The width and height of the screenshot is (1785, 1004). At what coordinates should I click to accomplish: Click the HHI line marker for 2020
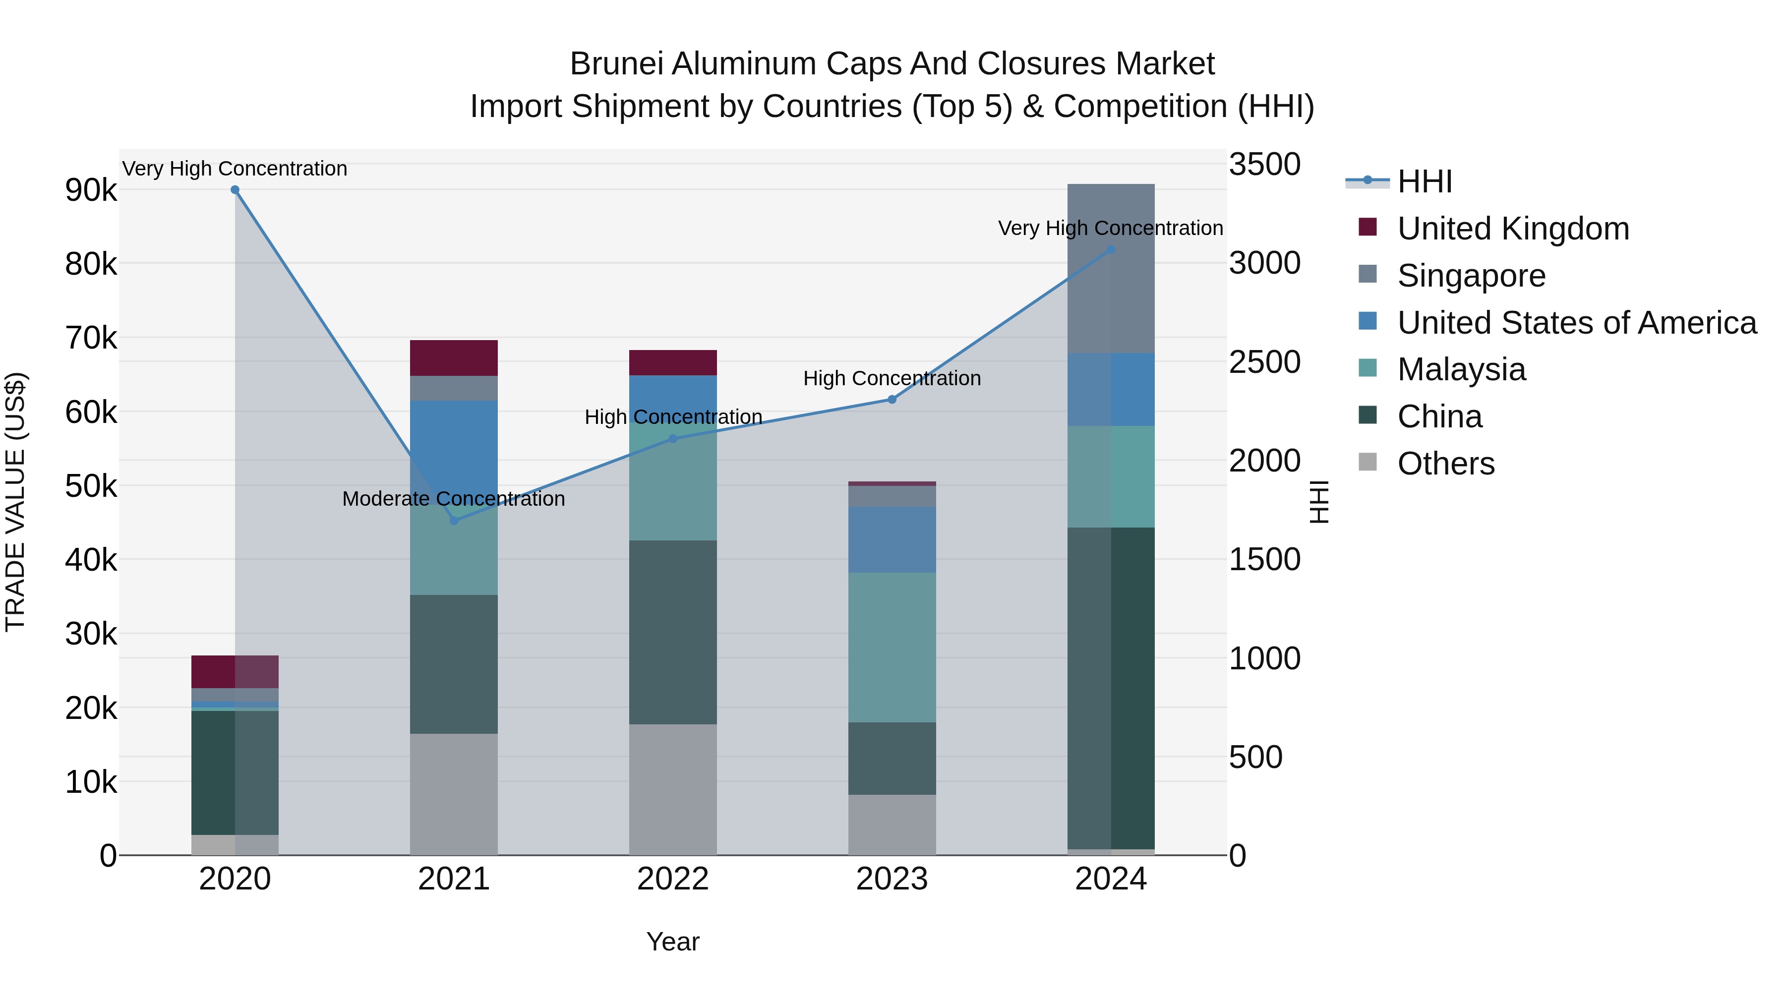click(x=235, y=190)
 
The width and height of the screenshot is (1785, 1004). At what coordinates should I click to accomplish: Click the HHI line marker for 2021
click(x=454, y=521)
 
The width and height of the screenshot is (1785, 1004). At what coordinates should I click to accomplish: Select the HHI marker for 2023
click(x=892, y=399)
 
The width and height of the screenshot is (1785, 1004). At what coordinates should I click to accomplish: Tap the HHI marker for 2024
click(x=1111, y=249)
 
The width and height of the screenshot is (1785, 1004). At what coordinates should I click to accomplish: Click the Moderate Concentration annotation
click(x=453, y=499)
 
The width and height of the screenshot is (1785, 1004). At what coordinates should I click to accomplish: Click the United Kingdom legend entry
click(x=1513, y=229)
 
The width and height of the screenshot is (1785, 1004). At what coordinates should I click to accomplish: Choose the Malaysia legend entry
click(x=1461, y=369)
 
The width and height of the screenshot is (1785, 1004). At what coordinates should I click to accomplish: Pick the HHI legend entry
click(x=1424, y=181)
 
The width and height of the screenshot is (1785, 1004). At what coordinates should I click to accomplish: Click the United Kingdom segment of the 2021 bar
click(x=454, y=357)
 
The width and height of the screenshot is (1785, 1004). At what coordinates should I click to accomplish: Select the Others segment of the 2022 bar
click(x=673, y=789)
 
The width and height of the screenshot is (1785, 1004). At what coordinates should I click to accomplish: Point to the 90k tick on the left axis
click(x=91, y=190)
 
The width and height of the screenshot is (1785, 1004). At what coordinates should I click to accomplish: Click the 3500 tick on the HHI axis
click(x=1264, y=165)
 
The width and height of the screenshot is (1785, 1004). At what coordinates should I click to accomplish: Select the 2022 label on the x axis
click(x=673, y=879)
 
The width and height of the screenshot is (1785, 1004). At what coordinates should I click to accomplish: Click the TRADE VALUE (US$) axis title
click(x=15, y=502)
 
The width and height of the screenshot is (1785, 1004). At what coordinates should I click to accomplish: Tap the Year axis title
click(x=673, y=942)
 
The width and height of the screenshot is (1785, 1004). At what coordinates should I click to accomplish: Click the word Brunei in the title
click(x=615, y=64)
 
